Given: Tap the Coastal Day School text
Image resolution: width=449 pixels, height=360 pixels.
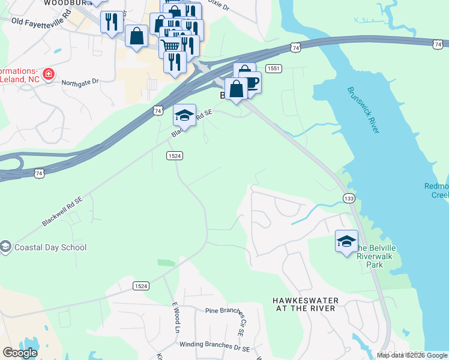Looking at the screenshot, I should click(51, 247).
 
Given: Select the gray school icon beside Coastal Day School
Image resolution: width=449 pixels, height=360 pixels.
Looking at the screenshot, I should click(5, 247).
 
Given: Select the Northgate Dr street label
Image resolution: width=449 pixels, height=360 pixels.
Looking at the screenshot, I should click(79, 82).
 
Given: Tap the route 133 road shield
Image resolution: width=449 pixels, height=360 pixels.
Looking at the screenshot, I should click(349, 198).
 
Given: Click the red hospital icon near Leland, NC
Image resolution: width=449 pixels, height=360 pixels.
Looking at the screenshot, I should click(49, 76).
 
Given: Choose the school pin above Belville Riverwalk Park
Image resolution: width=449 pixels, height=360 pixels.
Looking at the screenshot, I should click(346, 241).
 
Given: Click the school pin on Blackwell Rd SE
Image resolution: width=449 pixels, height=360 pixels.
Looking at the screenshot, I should click(184, 115).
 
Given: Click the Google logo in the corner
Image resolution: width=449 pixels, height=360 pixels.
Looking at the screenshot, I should click(20, 353).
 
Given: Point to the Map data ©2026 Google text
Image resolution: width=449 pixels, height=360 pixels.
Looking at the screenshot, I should click(412, 355).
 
